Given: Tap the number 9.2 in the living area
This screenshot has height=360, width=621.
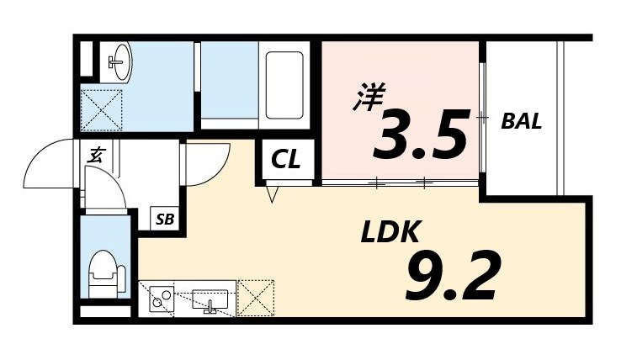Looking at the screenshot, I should [453, 276].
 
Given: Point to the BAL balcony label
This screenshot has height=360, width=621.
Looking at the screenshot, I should [522, 120].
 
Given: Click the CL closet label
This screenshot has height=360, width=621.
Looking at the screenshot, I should [286, 160].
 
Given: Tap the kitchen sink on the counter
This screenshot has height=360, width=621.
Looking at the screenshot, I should [210, 299].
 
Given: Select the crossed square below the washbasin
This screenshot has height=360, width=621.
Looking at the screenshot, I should [102, 110].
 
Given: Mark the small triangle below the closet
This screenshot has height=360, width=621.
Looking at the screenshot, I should [272, 195].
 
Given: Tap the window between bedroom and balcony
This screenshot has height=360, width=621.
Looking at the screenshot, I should [482, 118].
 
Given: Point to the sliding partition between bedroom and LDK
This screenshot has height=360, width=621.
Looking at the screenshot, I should [401, 182].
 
